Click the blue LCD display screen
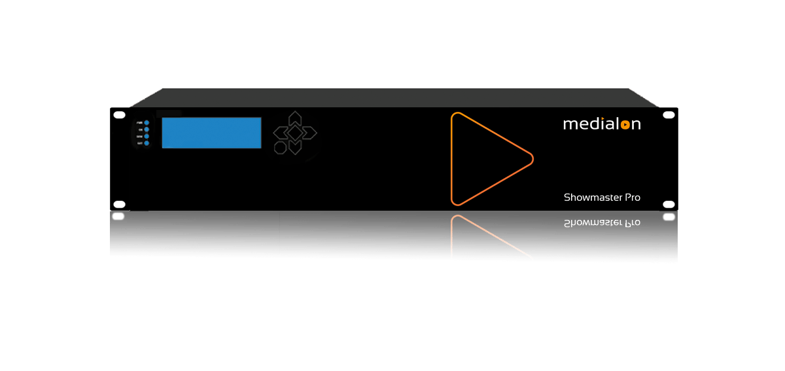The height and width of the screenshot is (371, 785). point(211,133)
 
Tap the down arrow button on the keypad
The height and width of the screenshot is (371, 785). point(295,148)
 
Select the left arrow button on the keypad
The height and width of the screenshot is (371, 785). point(279,133)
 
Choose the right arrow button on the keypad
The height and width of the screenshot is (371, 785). point(310,133)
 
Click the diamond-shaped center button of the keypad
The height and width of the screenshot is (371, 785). point(295,133)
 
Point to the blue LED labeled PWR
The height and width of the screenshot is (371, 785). point(147,122)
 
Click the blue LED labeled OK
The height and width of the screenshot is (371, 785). point(147,130)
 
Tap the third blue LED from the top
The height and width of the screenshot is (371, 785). point(147,137)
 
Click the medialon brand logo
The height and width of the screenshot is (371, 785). point(602,124)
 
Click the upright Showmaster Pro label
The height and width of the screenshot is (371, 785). point(602,197)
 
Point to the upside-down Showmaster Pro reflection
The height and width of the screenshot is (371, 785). point(602,223)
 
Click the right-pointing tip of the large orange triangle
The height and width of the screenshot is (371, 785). point(531,158)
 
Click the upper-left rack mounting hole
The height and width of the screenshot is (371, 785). point(119,115)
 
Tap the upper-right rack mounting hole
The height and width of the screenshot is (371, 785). point(669,115)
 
